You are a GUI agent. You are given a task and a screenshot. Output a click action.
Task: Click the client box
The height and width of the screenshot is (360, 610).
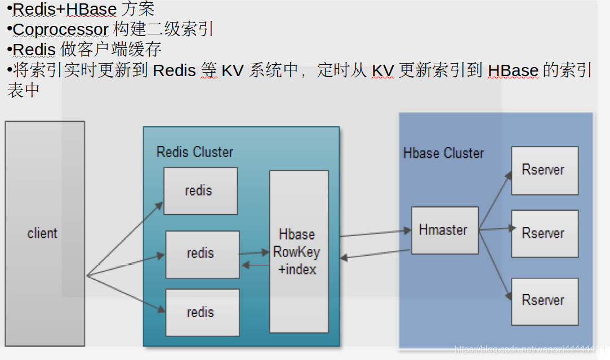[x=44, y=233]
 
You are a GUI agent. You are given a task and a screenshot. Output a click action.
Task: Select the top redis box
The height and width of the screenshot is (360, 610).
[x=200, y=190]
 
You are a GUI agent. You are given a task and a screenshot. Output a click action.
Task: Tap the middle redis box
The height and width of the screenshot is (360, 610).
[x=202, y=254]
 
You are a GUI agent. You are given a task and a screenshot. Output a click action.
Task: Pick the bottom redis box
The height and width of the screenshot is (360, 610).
[x=202, y=312]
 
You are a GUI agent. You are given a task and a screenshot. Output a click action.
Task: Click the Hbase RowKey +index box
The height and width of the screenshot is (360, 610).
[x=299, y=251]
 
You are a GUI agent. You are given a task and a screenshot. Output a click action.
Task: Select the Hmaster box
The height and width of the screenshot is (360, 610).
[x=444, y=230]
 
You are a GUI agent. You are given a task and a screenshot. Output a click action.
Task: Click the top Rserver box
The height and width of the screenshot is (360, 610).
[x=544, y=170]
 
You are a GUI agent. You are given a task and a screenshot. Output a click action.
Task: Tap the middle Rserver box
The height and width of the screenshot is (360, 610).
[x=544, y=233]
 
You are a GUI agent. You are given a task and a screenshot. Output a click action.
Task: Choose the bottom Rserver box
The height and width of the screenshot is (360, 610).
[x=544, y=300]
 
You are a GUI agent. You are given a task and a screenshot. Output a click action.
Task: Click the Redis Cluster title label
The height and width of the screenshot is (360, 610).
[x=195, y=152]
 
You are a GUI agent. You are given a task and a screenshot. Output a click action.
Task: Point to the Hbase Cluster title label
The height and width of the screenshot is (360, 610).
[x=444, y=153]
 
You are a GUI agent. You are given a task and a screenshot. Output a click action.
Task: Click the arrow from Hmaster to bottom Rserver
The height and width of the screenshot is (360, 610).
[x=495, y=263]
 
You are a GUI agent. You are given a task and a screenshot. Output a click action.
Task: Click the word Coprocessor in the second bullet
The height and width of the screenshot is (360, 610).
[x=60, y=29]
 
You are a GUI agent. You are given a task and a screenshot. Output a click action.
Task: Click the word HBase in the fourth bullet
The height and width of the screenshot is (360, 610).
[x=513, y=70]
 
